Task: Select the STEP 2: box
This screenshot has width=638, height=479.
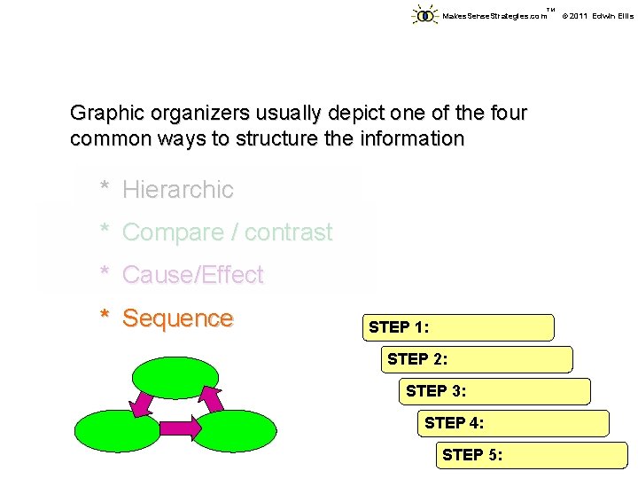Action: click(479, 359)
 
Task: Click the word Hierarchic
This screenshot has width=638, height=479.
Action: click(177, 189)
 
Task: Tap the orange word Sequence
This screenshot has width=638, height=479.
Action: click(177, 318)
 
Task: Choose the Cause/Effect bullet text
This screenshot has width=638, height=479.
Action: click(192, 275)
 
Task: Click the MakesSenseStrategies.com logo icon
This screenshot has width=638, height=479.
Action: click(425, 15)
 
